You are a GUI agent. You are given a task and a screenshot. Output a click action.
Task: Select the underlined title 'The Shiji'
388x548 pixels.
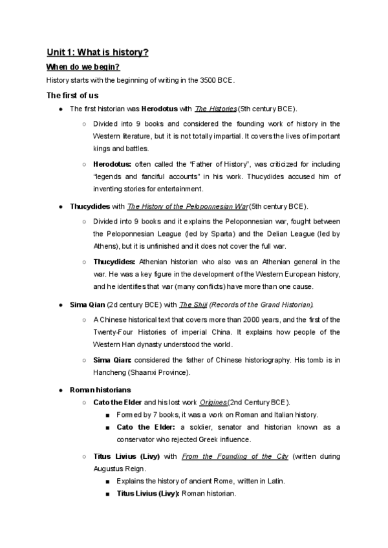(191, 304)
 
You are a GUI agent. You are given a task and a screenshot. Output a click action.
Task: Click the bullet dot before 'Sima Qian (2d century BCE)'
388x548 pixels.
(60, 304)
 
